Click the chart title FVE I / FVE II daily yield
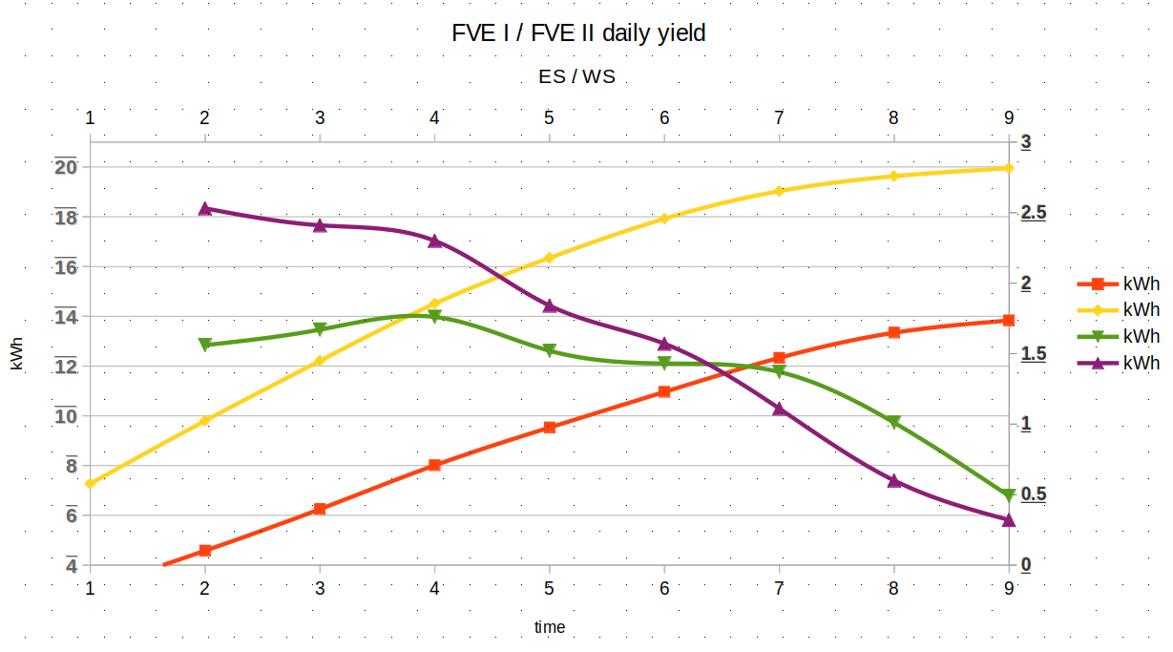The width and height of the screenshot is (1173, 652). pyautogui.click(x=578, y=33)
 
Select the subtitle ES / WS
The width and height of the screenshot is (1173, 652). pyautogui.click(x=576, y=77)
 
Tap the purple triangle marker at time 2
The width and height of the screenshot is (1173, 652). pyautogui.click(x=205, y=208)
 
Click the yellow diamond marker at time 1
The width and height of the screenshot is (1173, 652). pyautogui.click(x=91, y=483)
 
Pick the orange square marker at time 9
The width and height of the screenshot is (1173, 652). pyautogui.click(x=1009, y=321)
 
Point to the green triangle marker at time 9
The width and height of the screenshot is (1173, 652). pyautogui.click(x=1009, y=494)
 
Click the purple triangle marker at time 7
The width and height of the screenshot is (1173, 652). pyautogui.click(x=780, y=409)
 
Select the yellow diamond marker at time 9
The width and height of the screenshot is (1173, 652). pyautogui.click(x=1009, y=168)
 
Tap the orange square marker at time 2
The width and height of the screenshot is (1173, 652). pyautogui.click(x=205, y=551)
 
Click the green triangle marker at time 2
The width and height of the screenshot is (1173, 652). pyautogui.click(x=205, y=345)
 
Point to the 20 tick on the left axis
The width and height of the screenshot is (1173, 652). pyautogui.click(x=66, y=167)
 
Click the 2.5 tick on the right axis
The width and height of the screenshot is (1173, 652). pyautogui.click(x=1034, y=212)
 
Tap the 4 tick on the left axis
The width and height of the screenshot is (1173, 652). pyautogui.click(x=72, y=565)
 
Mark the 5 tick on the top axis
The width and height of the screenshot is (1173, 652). pyautogui.click(x=550, y=118)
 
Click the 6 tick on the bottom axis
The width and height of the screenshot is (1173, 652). pyautogui.click(x=664, y=587)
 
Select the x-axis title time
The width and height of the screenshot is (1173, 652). pyautogui.click(x=550, y=627)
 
